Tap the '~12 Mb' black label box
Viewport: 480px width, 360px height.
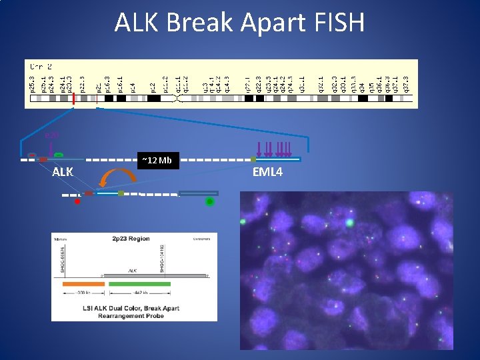point(156,160)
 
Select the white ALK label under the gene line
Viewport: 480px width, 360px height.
point(63,173)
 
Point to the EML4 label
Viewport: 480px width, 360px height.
point(267,173)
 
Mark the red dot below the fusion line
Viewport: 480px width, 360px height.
point(77,201)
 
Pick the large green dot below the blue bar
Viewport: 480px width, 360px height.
point(209,201)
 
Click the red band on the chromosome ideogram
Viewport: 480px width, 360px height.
point(73,99)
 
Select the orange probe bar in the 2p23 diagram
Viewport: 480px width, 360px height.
point(83,283)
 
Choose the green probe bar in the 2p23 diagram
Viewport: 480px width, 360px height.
point(135,283)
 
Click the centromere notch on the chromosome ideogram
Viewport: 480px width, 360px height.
point(177,99)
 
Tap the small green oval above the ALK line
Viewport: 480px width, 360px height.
point(59,155)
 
